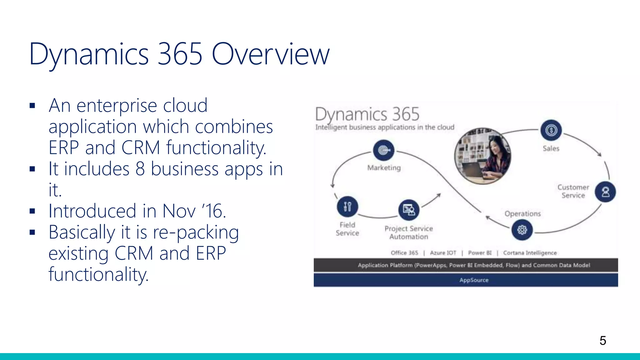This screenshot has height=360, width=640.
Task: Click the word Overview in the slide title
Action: coord(271,54)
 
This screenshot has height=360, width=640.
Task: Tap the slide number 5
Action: coord(603,340)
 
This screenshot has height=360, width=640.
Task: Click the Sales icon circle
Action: coord(551,130)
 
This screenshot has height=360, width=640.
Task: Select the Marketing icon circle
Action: coord(384,150)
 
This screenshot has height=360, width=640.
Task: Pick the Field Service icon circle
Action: coord(347,207)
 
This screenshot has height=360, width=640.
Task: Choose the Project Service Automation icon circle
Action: coord(409,210)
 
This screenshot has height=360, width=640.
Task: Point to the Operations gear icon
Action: coord(522,230)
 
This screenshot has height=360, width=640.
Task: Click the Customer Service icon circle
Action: coord(605,192)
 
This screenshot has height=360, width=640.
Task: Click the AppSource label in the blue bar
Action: coord(474,280)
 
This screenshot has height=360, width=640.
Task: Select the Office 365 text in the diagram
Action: coord(404,253)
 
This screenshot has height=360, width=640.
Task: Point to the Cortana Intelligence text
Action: coord(530,253)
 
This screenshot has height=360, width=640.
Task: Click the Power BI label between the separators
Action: coord(480,253)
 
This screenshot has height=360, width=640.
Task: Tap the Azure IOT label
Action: coord(443,253)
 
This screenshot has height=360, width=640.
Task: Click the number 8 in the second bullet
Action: coord(140,169)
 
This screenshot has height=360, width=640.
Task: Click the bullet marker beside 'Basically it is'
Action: coord(32,232)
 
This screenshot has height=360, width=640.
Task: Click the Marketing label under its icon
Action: coord(384,168)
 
